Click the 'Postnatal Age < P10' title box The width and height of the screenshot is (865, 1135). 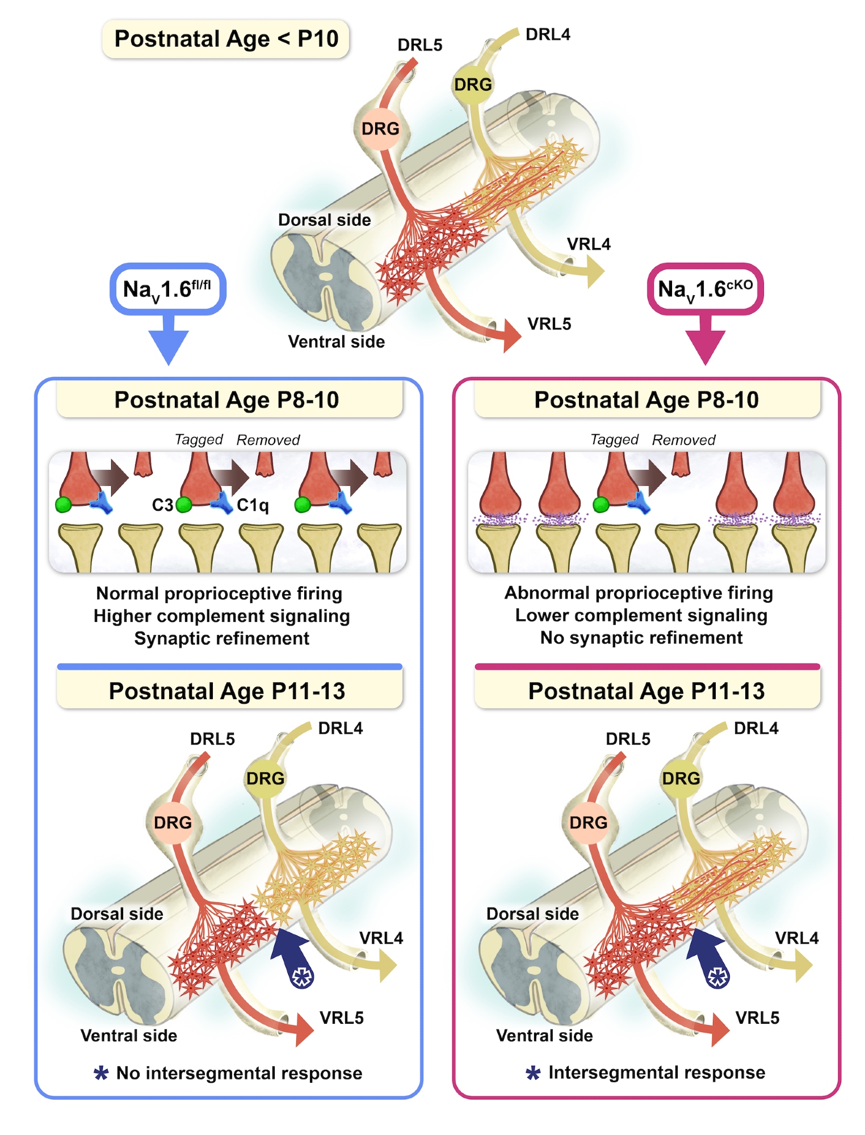point(226,39)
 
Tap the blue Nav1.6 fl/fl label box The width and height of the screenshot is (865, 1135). point(167,289)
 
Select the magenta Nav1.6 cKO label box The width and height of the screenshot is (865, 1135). point(705,289)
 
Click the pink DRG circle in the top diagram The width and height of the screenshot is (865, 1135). point(380,129)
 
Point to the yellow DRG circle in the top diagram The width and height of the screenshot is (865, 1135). point(473,85)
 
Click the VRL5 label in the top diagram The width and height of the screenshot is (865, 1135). point(549,324)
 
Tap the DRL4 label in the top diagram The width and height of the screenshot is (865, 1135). point(548,35)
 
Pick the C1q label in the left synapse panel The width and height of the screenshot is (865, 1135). point(253,505)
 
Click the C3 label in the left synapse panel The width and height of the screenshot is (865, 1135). point(162,505)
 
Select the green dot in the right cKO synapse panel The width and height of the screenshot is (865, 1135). point(601,504)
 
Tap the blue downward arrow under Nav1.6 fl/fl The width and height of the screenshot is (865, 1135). point(169,343)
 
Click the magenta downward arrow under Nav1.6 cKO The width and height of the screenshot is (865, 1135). point(706,343)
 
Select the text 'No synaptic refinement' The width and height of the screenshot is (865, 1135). point(641,638)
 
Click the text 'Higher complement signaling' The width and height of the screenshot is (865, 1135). point(221,616)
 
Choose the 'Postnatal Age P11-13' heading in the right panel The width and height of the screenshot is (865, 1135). point(646,691)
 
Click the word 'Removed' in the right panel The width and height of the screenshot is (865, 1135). point(683,440)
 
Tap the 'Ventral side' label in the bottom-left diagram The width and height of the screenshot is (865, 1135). point(129,1036)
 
